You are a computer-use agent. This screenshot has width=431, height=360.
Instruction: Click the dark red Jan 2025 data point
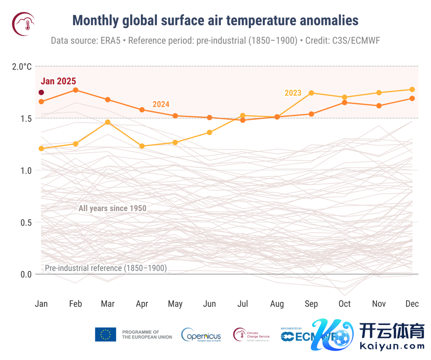click(41, 92)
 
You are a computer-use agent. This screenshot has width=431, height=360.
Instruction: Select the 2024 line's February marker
click(75, 90)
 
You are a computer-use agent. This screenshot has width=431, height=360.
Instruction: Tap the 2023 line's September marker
click(311, 93)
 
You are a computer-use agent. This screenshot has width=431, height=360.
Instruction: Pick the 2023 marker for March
click(108, 122)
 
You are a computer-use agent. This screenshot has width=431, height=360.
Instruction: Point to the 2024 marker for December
click(412, 98)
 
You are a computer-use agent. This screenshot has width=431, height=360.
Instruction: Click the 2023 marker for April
click(142, 146)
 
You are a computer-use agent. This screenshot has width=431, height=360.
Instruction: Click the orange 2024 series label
click(161, 104)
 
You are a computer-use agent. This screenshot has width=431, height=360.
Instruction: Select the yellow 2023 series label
click(293, 93)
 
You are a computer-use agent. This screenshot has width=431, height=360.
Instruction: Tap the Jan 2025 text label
click(58, 81)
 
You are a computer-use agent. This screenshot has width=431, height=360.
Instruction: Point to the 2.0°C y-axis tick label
click(22, 67)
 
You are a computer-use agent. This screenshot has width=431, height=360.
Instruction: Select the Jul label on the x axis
click(243, 304)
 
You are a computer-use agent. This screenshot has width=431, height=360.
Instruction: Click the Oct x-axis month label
click(345, 304)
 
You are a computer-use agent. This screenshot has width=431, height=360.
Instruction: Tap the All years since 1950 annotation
click(112, 208)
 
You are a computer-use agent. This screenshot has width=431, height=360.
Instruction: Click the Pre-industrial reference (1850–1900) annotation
click(106, 268)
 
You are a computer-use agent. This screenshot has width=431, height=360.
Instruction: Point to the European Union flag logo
click(105, 334)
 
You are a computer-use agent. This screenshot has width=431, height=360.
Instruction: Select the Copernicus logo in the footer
click(201, 335)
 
